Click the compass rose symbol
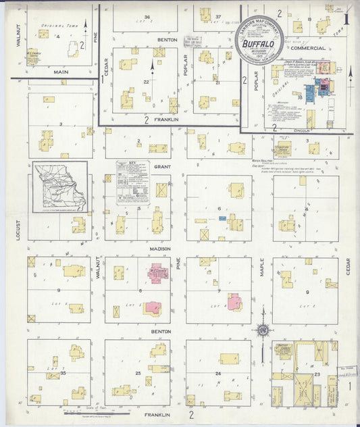point(262,331)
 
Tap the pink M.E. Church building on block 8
point(157,273)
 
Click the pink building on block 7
point(234,301)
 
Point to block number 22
point(145,82)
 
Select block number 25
point(137,373)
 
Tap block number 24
point(218,373)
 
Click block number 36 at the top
point(147,16)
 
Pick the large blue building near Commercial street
point(310,91)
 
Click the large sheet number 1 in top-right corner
point(346,18)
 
